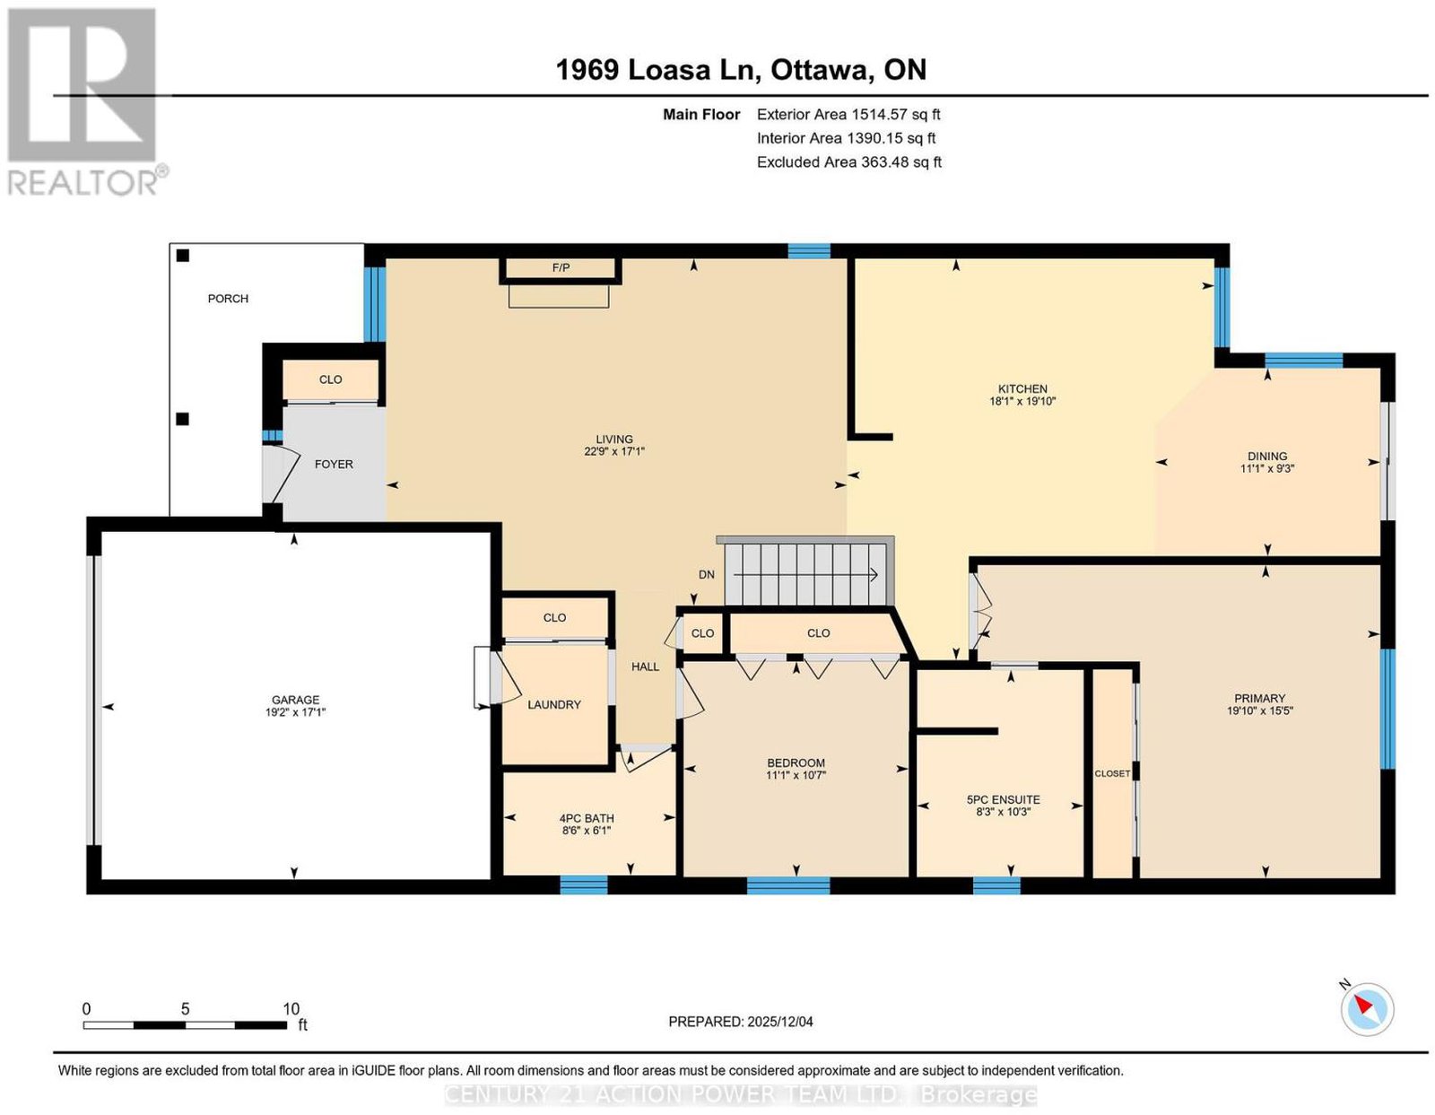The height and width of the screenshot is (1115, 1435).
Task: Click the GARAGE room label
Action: tap(295, 700)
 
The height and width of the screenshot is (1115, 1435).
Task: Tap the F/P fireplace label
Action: tap(561, 267)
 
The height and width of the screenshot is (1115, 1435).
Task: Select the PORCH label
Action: tap(228, 299)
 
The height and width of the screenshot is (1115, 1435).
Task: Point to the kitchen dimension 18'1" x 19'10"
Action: tap(1022, 401)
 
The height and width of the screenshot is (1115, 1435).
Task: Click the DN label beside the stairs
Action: tap(707, 574)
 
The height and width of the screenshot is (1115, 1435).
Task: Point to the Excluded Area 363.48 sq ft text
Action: tap(848, 161)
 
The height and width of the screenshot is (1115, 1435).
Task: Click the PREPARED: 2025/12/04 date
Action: tap(740, 1022)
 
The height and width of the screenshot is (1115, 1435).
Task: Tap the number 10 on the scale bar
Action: tap(291, 1009)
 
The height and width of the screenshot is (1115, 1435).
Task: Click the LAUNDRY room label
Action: tap(554, 704)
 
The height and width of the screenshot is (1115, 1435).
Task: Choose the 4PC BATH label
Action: tap(587, 819)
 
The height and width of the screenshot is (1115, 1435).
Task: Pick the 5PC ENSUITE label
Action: tap(1003, 799)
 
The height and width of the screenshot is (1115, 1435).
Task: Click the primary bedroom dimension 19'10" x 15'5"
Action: tap(1259, 710)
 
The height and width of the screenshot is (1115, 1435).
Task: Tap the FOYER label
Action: tap(334, 464)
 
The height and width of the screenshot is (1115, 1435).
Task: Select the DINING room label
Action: tap(1267, 456)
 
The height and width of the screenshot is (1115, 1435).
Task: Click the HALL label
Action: tap(645, 666)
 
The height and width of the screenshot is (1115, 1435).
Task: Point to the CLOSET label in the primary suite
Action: tap(1112, 774)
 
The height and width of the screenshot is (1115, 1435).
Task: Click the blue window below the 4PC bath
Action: tap(584, 884)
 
